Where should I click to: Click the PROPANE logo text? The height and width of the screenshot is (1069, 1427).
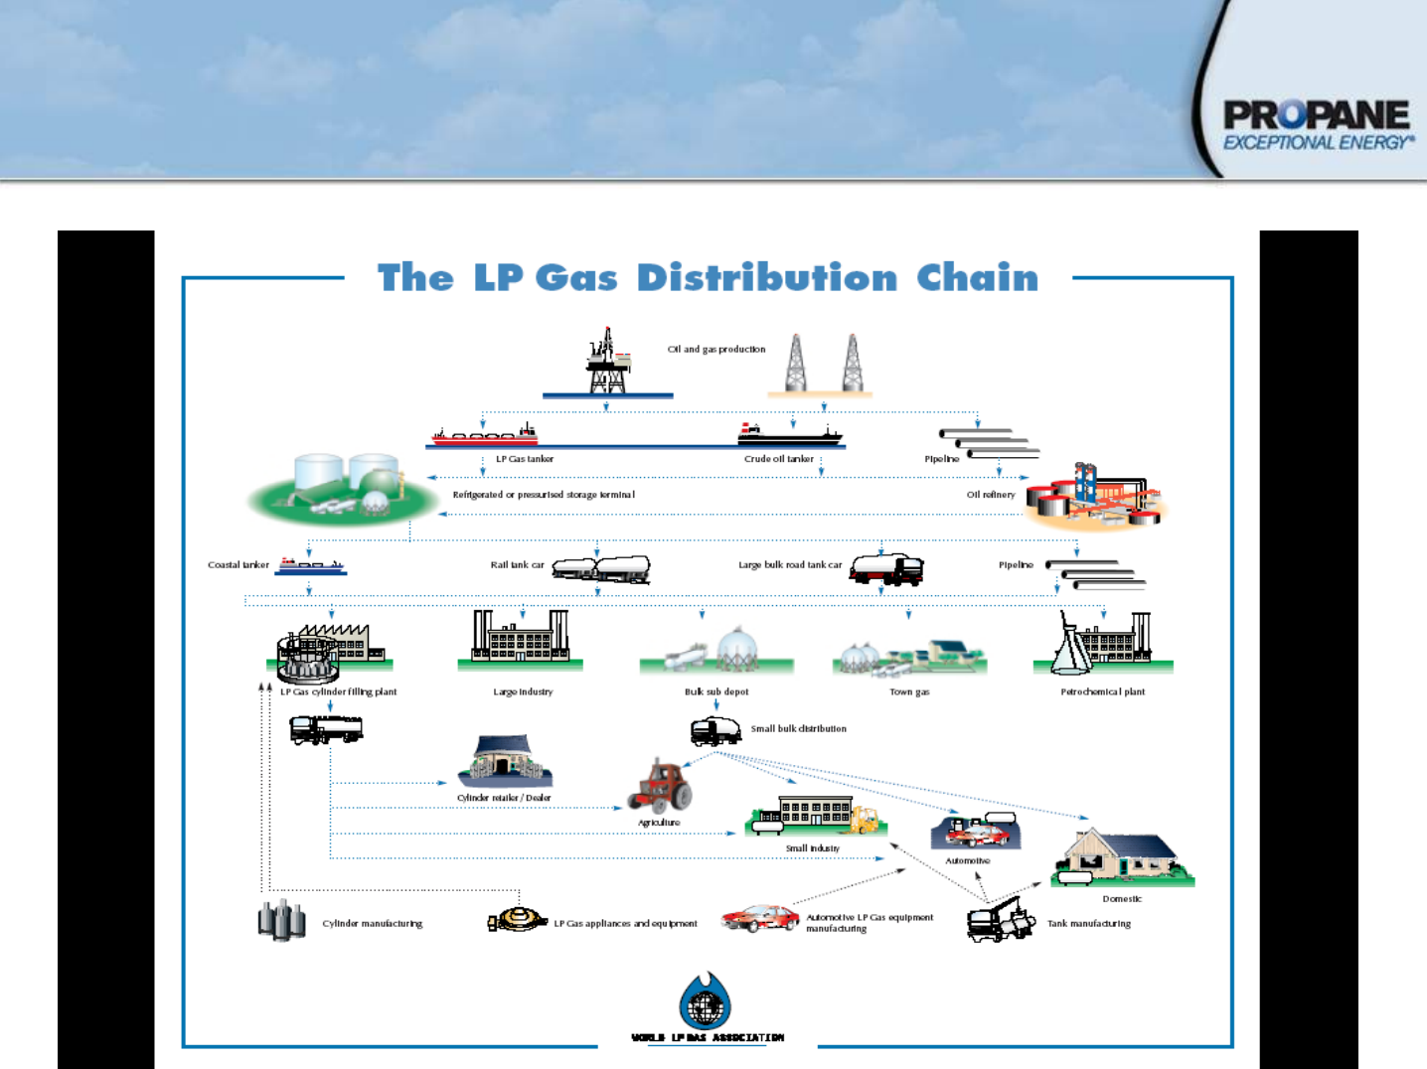pyautogui.click(x=1316, y=115)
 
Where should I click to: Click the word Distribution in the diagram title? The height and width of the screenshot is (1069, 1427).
pyautogui.click(x=767, y=278)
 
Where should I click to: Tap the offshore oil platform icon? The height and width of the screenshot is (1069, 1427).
pyautogui.click(x=607, y=363)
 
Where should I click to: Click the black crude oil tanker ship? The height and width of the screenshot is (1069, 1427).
pyautogui.click(x=789, y=433)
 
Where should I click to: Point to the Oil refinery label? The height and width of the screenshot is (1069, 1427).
pyautogui.click(x=991, y=495)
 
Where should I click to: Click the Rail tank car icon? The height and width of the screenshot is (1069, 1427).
pyautogui.click(x=601, y=568)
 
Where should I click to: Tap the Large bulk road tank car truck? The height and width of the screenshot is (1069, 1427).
pyautogui.click(x=887, y=568)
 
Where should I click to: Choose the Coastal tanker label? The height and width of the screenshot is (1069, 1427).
pyautogui.click(x=238, y=565)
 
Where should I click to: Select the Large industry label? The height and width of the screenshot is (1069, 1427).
pyautogui.click(x=523, y=692)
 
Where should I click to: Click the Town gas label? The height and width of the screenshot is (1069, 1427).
pyautogui.click(x=909, y=692)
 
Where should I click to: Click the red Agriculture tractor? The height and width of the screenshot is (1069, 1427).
pyautogui.click(x=661, y=785)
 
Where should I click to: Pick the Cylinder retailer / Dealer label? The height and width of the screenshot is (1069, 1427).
pyautogui.click(x=504, y=798)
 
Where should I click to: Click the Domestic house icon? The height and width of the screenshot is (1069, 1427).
pyautogui.click(x=1122, y=857)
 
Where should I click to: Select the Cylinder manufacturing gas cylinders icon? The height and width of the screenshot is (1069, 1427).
pyautogui.click(x=282, y=920)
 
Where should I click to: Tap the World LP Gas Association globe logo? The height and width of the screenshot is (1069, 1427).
pyautogui.click(x=706, y=1001)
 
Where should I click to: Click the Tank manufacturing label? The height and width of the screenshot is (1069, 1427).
pyautogui.click(x=1089, y=924)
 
